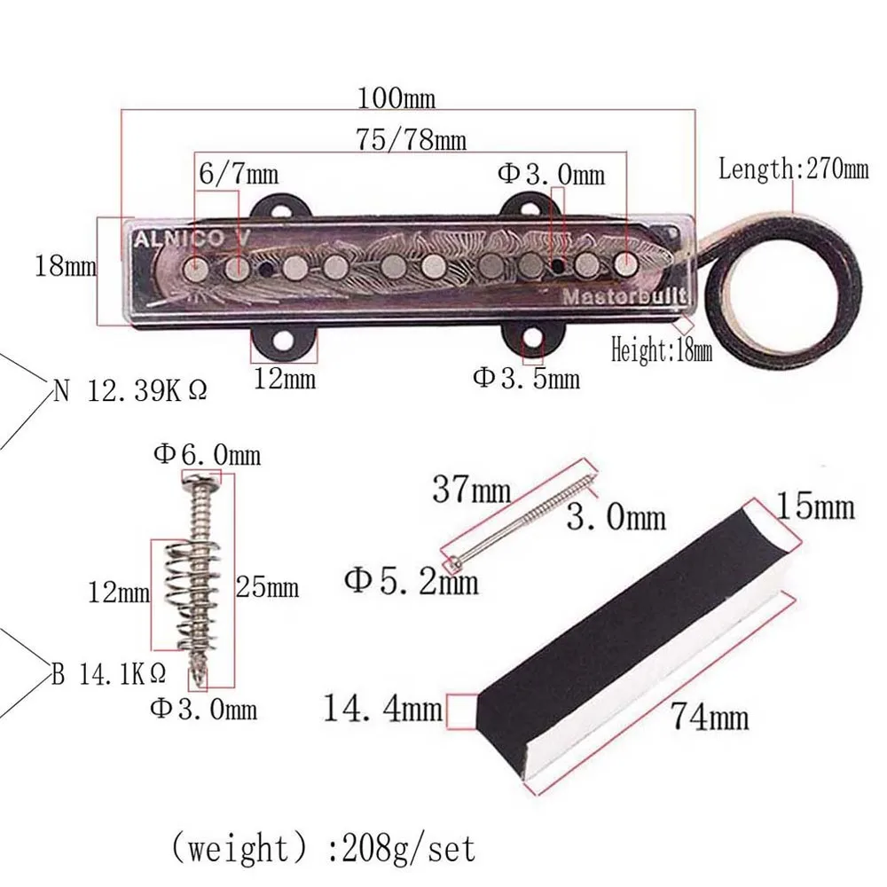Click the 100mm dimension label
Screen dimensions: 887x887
pyautogui.click(x=396, y=96)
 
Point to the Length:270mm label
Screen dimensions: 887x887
pyautogui.click(x=793, y=168)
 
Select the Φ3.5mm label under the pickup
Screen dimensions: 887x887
pyautogui.click(x=526, y=378)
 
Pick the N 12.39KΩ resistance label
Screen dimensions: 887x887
pyautogui.click(x=130, y=390)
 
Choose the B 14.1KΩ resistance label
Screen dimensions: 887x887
pyautogui.click(x=108, y=673)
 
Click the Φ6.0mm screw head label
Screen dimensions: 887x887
pyautogui.click(x=207, y=455)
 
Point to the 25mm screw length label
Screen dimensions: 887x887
pyautogui.click(x=267, y=586)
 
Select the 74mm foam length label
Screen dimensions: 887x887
pyautogui.click(x=709, y=715)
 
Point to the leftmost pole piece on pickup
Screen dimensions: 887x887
pyautogui.click(x=195, y=267)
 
